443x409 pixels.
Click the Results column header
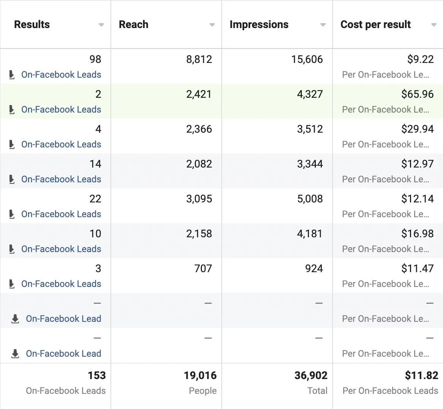[x=32, y=25]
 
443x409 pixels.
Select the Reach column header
[x=134, y=25]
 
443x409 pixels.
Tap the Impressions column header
[x=259, y=25]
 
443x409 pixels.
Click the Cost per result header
[x=375, y=25]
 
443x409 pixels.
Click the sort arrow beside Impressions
[x=323, y=25]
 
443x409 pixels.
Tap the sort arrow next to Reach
[x=212, y=25]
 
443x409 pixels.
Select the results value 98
[x=95, y=59]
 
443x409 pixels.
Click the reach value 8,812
[x=199, y=59]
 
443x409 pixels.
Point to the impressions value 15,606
[x=307, y=59]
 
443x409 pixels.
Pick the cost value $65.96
[x=417, y=94]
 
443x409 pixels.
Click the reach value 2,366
[x=199, y=129]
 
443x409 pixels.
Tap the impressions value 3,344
[x=310, y=164]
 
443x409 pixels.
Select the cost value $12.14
[x=417, y=199]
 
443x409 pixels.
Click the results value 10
[x=95, y=233]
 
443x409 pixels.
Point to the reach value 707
[x=203, y=268]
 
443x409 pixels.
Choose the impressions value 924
[x=314, y=268]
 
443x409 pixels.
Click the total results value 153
[x=96, y=375]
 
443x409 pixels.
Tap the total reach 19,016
[x=200, y=375]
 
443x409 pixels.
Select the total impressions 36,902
[x=311, y=375]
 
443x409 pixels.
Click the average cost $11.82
[x=421, y=375]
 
